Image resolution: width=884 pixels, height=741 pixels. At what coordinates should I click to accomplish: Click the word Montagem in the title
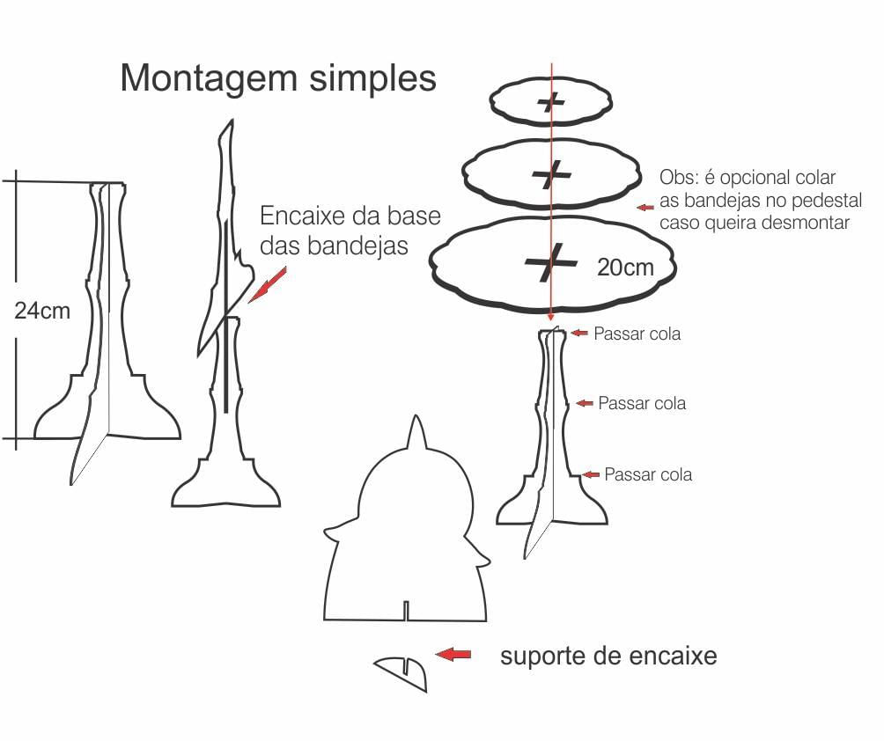pos(209,78)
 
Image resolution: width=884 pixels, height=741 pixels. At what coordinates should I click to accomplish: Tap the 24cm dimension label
pos(42,310)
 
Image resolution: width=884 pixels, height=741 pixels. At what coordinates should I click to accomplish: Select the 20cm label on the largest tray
pos(625,268)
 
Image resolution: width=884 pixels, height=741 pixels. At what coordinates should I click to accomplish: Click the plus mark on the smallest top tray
pos(552,103)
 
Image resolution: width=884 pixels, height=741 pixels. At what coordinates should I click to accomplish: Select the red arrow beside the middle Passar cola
pos(584,402)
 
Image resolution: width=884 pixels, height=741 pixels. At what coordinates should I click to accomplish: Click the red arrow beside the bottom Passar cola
pos(591,474)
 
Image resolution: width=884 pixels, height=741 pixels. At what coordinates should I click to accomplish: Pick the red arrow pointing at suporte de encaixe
pos(453,654)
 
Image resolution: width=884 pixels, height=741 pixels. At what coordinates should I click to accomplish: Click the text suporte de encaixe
pos(608,656)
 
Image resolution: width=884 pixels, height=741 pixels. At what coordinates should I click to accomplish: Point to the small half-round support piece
pos(404,672)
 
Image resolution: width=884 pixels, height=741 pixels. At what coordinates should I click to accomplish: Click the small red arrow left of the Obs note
pos(646,208)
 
